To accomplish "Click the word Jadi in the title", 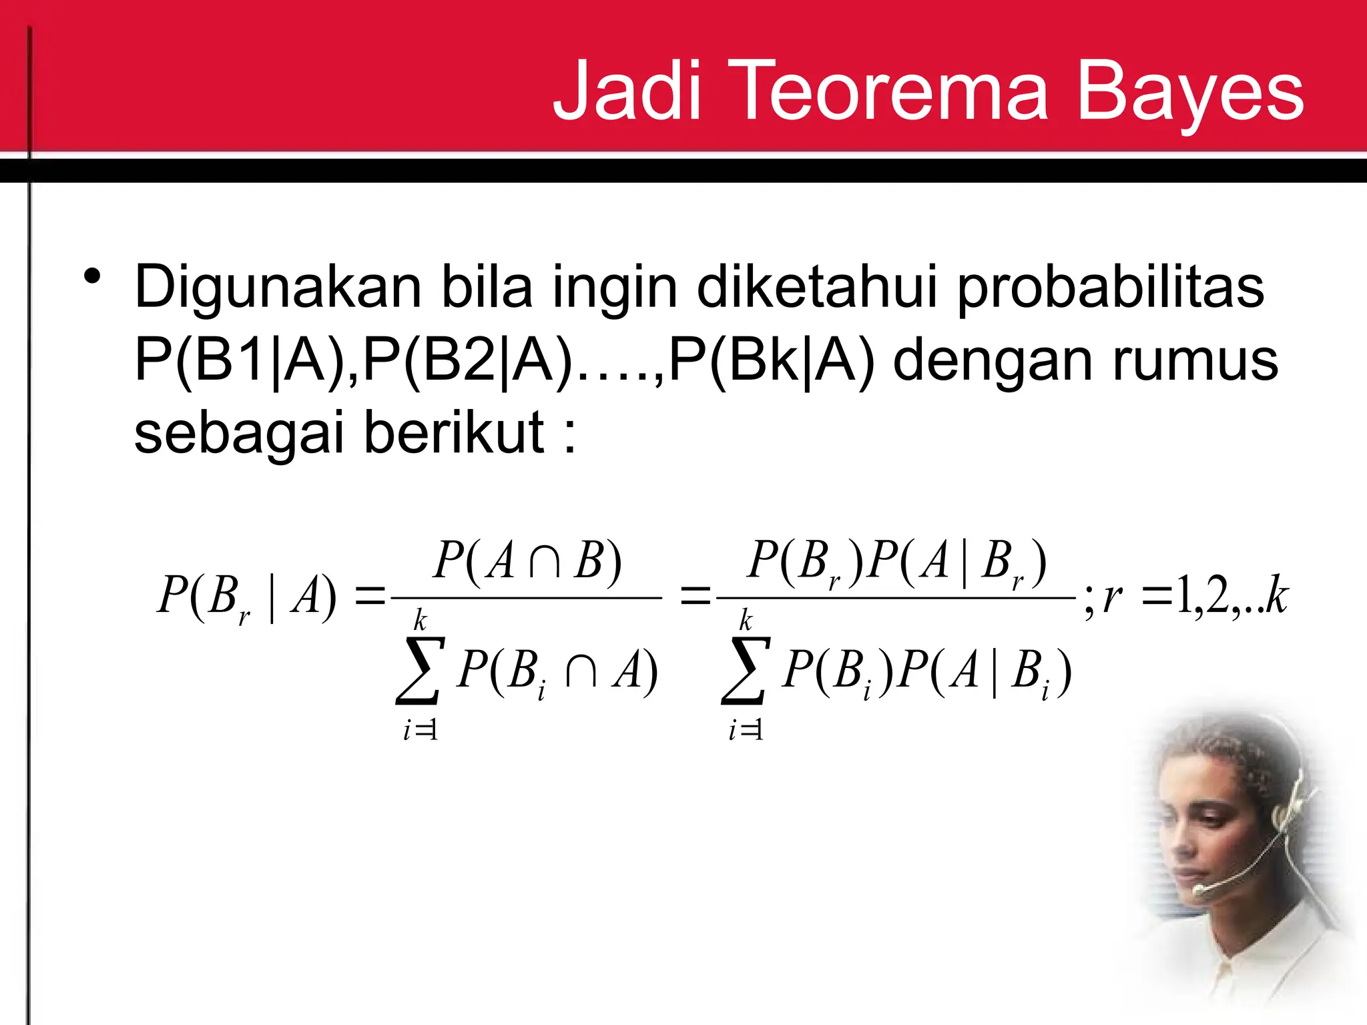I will [x=627, y=90].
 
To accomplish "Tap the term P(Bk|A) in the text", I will [x=771, y=361].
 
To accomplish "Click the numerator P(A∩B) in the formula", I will [x=527, y=561].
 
